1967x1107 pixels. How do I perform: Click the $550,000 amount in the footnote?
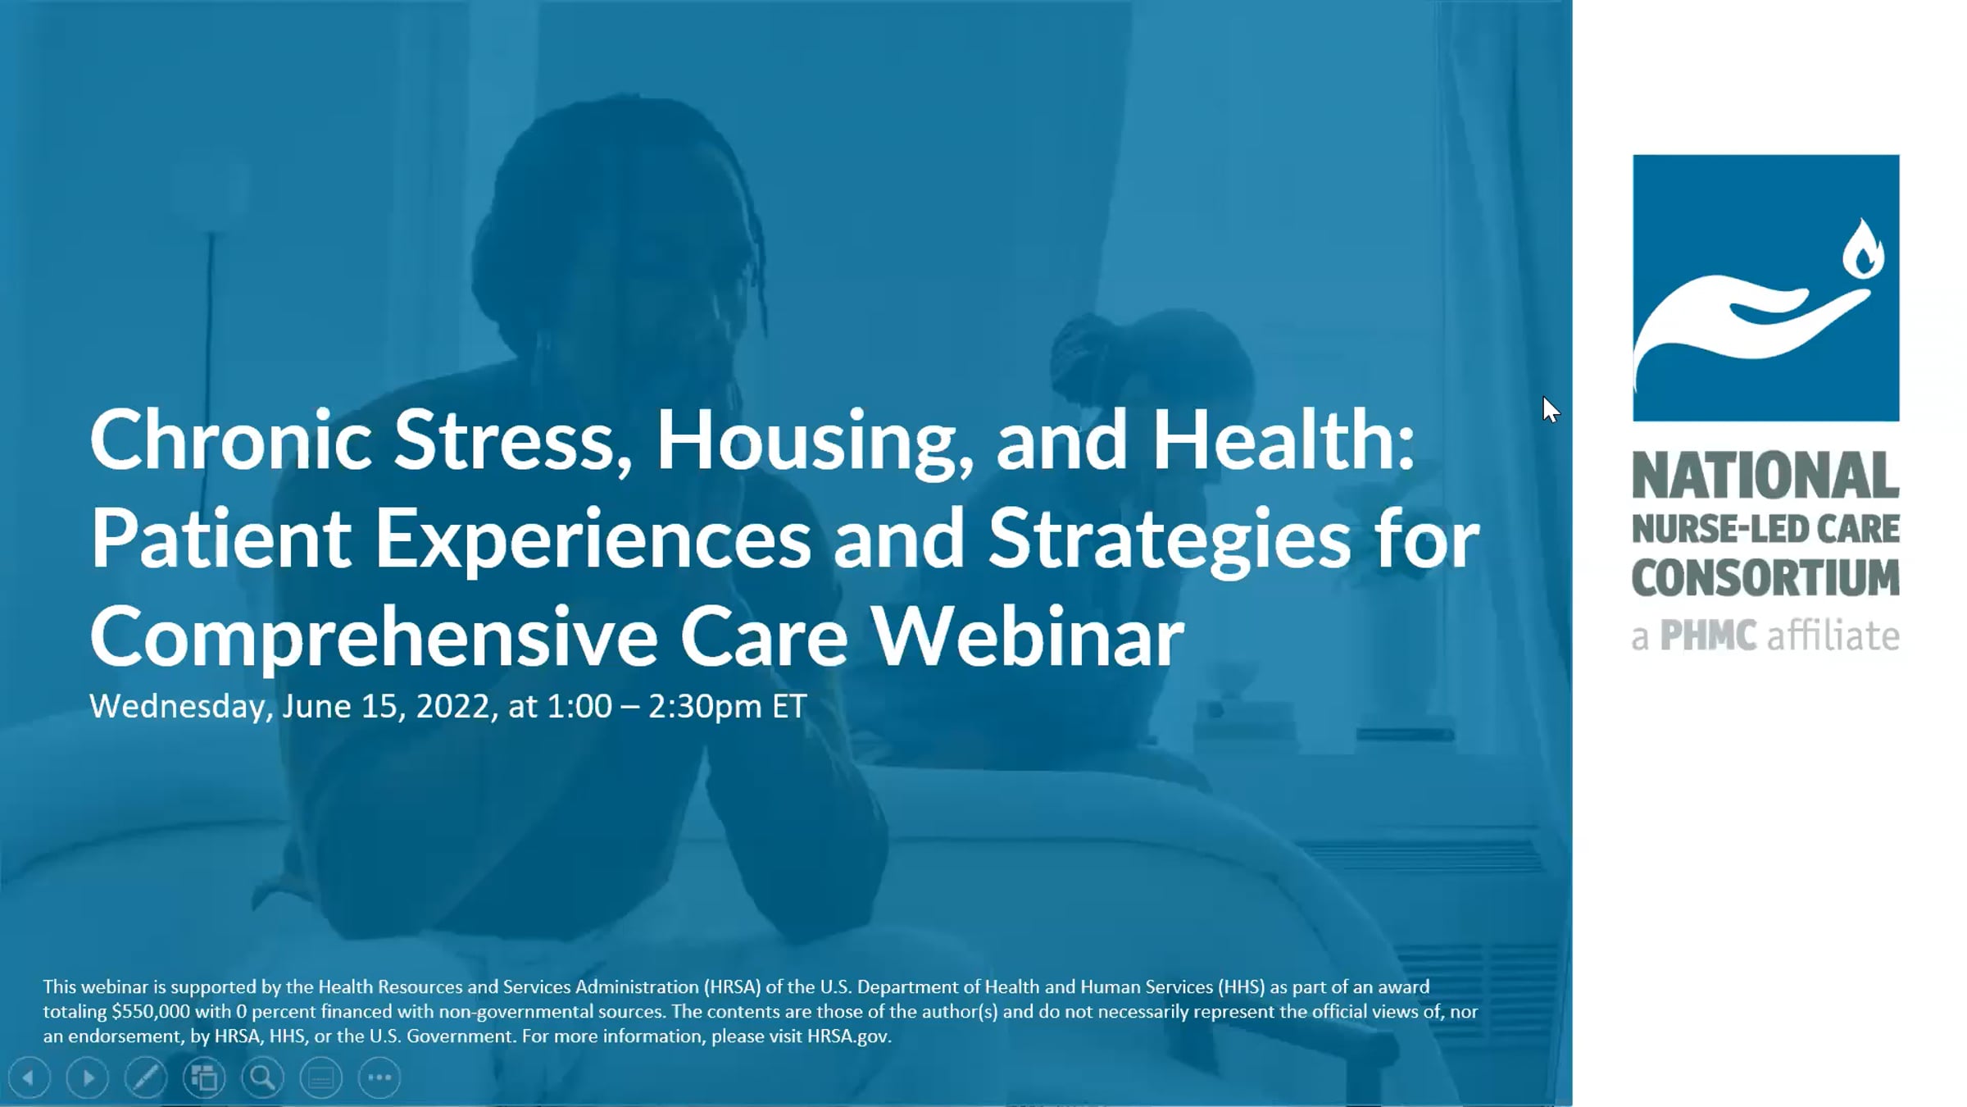(151, 1012)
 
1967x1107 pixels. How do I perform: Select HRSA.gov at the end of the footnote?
(848, 1036)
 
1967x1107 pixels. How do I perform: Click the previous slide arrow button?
(30, 1077)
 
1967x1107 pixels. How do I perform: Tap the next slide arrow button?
(88, 1077)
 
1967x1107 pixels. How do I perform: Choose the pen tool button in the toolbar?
(146, 1077)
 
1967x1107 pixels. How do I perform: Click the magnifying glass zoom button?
(262, 1077)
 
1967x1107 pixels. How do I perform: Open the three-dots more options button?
(379, 1077)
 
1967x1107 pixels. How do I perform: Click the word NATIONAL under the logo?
(1765, 476)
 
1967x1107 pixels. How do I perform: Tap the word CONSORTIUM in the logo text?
(1765, 578)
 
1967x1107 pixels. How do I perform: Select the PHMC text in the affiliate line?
(1709, 635)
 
